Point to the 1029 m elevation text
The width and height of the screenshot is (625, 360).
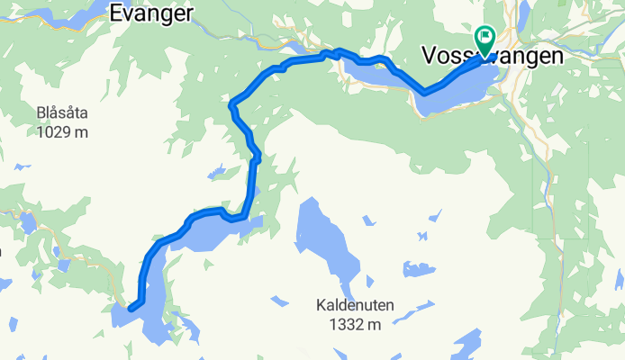point(63,132)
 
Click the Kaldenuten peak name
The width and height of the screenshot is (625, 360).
point(355,305)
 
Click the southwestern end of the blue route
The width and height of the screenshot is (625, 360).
point(131,309)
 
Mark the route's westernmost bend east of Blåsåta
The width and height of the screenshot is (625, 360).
point(233,105)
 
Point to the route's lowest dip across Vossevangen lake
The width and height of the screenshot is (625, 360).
point(424,92)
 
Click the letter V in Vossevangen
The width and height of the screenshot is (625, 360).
point(428,56)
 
